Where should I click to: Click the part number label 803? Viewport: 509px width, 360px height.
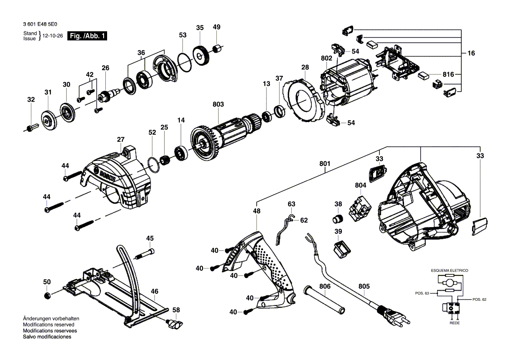point(218,105)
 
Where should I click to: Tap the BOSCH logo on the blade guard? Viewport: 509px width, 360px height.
point(108,177)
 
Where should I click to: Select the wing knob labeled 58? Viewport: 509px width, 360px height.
point(175,324)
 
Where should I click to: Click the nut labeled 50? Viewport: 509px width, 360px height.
point(47,296)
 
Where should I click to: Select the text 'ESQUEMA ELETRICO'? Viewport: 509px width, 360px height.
point(449,271)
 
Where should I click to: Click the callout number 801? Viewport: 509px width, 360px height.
point(324,164)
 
